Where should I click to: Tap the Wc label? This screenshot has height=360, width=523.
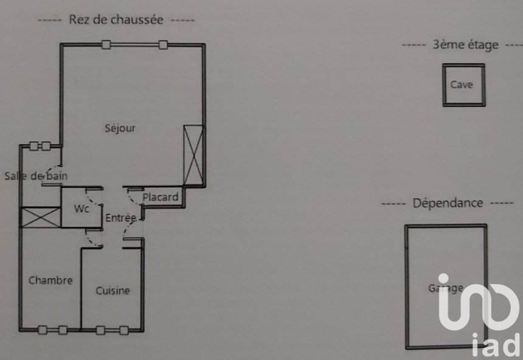tap(82, 209)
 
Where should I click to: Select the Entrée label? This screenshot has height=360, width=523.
tap(120, 218)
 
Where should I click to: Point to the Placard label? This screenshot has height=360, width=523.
tap(161, 197)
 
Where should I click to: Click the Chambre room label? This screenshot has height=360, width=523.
tap(50, 280)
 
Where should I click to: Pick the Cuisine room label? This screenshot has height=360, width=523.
tap(113, 291)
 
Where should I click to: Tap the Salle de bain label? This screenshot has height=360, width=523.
tap(35, 176)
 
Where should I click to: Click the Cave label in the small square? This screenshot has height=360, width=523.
tap(461, 85)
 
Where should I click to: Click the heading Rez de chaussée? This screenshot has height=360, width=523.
tap(116, 19)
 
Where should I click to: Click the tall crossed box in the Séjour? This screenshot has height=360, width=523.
tap(194, 154)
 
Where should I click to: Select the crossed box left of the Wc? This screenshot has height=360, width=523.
tap(41, 218)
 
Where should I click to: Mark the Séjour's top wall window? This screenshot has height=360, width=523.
tap(134, 44)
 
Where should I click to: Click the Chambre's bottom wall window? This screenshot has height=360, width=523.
tap(53, 330)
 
